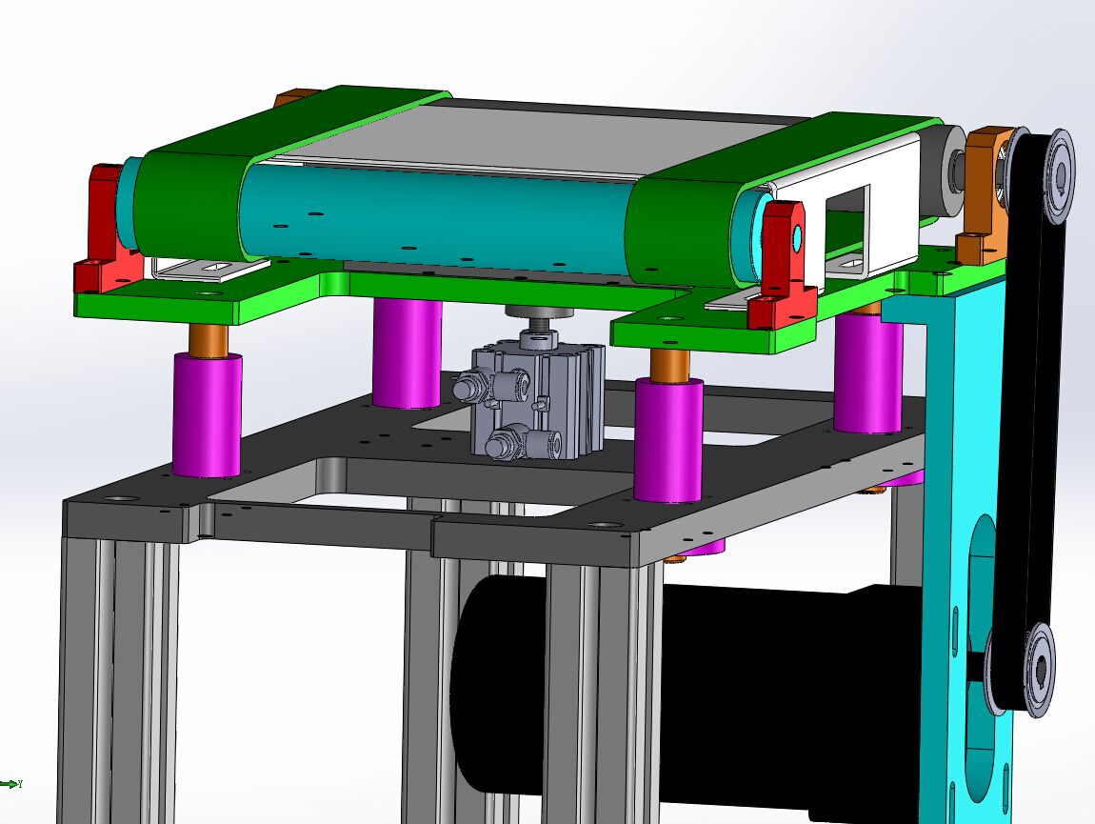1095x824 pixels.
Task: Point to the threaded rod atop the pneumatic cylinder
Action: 540,333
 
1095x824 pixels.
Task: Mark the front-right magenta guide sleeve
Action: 668,438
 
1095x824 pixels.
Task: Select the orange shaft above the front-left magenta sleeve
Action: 207,338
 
